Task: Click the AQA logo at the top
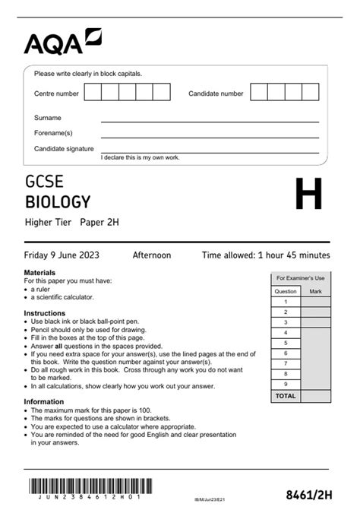62,43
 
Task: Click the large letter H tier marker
308,195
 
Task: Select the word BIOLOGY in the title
58,202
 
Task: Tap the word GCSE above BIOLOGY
44,182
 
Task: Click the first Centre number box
93,93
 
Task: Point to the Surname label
48,118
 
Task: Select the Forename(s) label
53,133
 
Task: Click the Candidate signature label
64,149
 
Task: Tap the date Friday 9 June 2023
62,255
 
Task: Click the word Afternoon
152,255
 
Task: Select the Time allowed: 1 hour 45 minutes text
266,255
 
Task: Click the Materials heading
39,272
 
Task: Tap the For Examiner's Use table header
300,278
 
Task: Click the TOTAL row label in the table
286,396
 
